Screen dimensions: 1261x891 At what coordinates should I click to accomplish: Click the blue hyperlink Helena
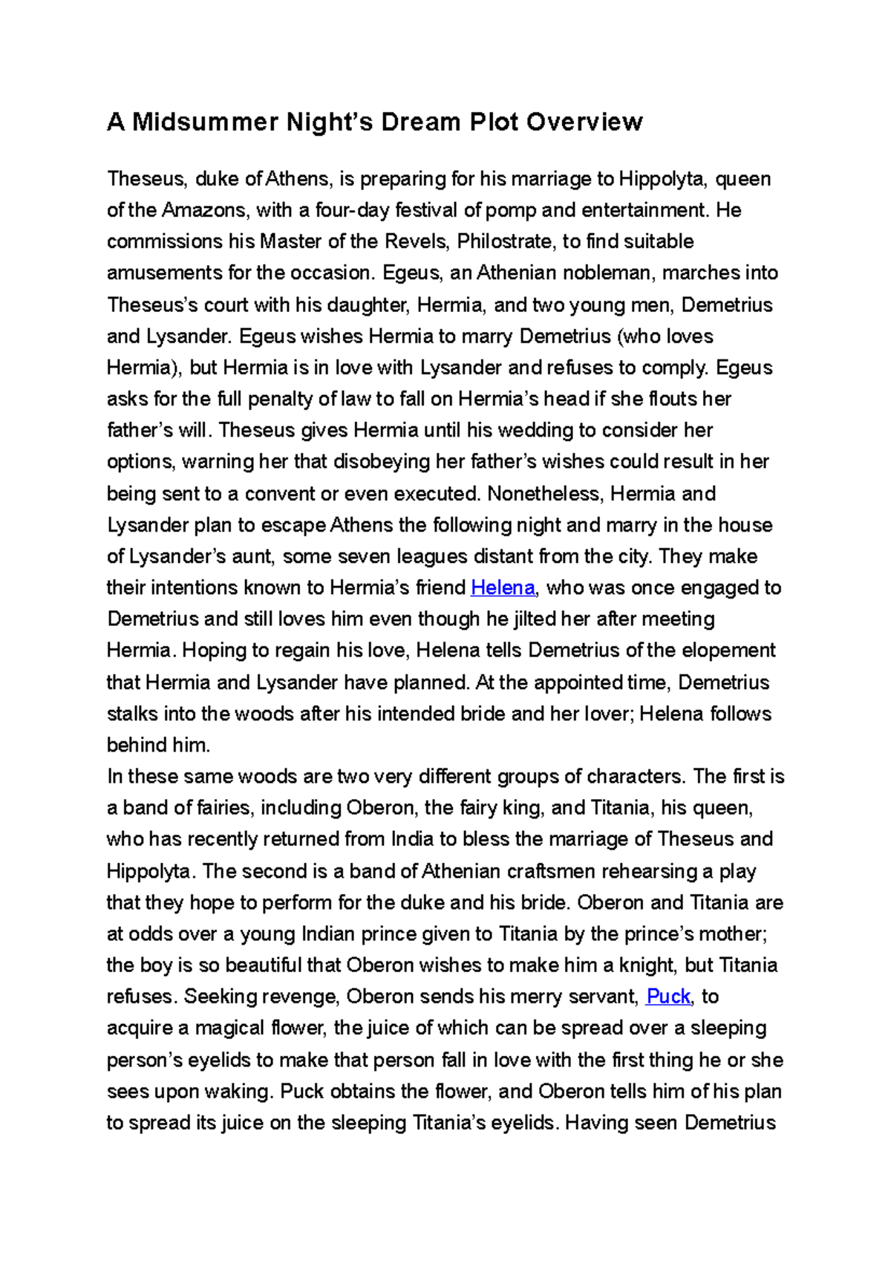point(503,587)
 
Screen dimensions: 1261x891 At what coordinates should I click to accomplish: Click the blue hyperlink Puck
point(668,997)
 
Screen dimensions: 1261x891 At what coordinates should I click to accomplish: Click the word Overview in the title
point(584,122)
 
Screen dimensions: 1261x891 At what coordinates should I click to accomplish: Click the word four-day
point(352,210)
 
